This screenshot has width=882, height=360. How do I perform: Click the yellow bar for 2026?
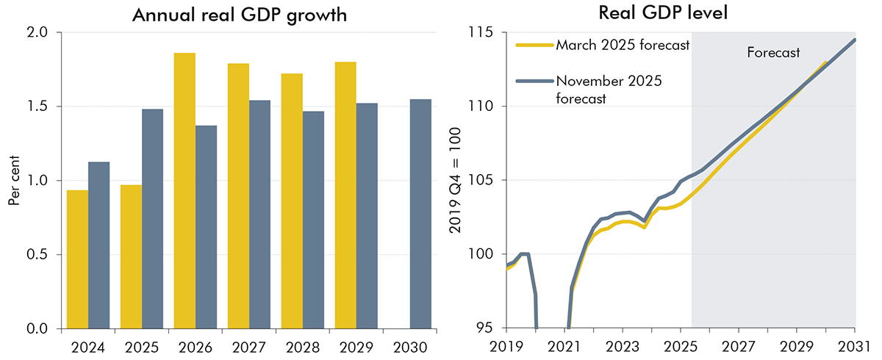tap(184, 191)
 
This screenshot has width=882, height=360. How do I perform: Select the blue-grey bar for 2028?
tap(313, 220)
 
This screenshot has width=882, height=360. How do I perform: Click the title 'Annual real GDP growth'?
tap(239, 15)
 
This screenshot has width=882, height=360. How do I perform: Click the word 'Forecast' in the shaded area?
tap(772, 52)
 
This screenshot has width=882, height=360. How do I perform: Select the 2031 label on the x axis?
tap(855, 345)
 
